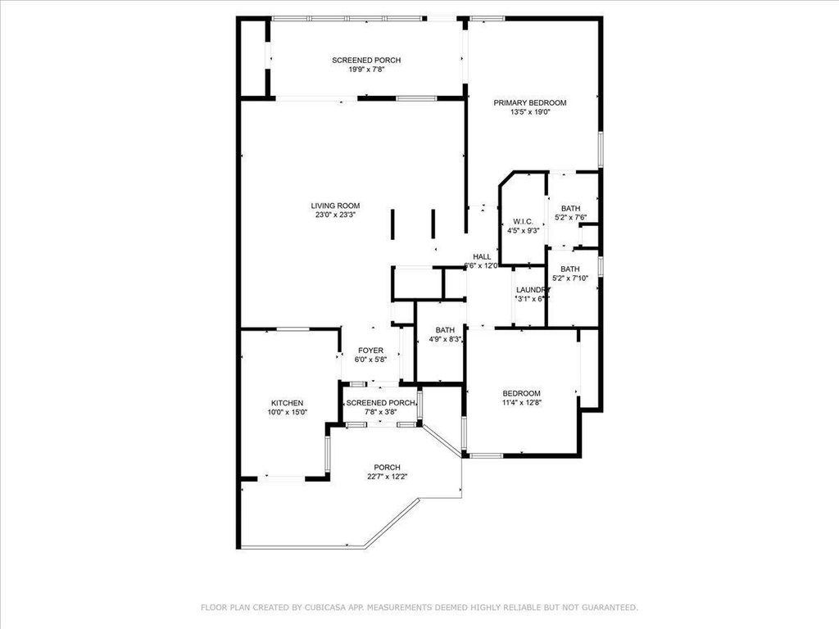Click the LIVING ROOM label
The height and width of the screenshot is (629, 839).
click(x=335, y=206)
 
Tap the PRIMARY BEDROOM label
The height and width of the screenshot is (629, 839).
click(x=530, y=102)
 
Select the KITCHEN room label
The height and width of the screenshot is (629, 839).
click(x=288, y=403)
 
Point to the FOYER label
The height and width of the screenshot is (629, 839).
click(x=370, y=351)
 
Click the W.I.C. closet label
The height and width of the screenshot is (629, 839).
click(x=524, y=222)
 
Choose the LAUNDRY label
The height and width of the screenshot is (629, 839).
click(x=532, y=290)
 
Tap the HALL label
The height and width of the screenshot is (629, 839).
click(x=482, y=256)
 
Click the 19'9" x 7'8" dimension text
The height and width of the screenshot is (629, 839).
click(x=366, y=70)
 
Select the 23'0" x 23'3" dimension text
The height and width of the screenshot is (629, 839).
click(x=335, y=215)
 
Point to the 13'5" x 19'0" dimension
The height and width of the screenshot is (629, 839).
click(x=530, y=112)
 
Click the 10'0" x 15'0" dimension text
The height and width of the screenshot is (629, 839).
click(x=288, y=413)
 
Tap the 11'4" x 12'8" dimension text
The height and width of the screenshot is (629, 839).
click(x=521, y=402)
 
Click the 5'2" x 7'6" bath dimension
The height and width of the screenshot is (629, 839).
click(x=570, y=218)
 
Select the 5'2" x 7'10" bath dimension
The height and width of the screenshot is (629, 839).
click(x=570, y=278)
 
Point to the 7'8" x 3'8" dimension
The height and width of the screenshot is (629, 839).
click(x=380, y=412)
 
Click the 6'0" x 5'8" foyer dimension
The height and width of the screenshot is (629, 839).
click(x=370, y=360)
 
